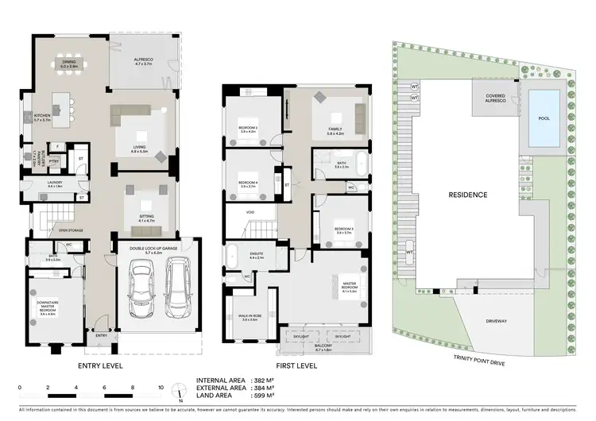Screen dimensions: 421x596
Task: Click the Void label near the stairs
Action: click(x=250, y=212)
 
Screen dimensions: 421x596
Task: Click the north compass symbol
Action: click(x=182, y=392)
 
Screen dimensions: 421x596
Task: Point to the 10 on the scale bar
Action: click(x=161, y=387)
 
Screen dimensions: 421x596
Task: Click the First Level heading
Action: click(x=296, y=366)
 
